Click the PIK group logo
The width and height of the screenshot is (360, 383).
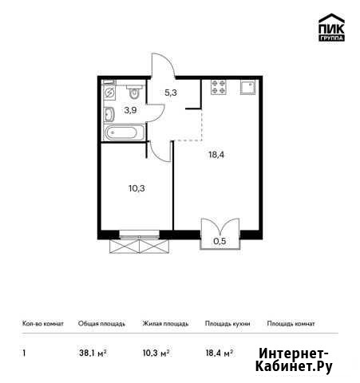pos(331,27)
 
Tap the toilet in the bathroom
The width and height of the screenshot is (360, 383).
pos(135,91)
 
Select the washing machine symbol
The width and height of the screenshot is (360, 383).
pos(109,92)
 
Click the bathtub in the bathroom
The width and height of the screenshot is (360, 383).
pos(125,132)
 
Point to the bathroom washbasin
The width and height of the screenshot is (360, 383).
pos(109,114)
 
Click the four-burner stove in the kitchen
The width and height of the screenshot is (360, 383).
pos(219,87)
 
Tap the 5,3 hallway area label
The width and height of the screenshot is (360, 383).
pos(171,93)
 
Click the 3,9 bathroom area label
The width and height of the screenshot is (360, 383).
pos(130,110)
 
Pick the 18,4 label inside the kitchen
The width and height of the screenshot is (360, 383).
pos(216,155)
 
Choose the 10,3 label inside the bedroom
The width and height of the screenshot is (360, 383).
pos(136,188)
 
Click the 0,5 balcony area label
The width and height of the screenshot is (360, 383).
pos(220,241)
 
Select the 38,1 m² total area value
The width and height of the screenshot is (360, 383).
pos(93,353)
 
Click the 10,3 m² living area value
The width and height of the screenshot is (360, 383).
pos(156,353)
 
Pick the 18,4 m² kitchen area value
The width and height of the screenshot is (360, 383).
pos(220,353)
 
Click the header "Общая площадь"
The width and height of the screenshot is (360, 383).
pos(101,324)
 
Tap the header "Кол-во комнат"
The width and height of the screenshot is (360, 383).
pos(43,323)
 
